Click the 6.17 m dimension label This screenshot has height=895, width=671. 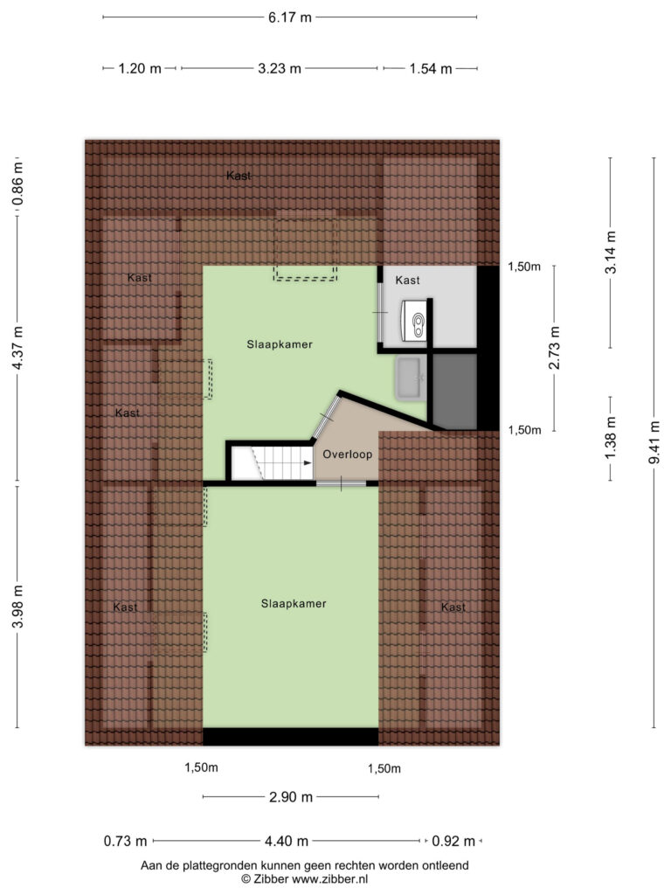click(290, 17)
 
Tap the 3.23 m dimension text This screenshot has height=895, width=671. click(279, 68)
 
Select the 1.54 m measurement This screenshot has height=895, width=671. click(430, 69)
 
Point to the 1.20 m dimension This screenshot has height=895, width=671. click(140, 68)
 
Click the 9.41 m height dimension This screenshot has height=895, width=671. click(654, 442)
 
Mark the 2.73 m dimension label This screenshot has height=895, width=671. click(554, 348)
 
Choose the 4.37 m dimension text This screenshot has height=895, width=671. click(17, 347)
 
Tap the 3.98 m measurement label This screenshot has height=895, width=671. click(17, 607)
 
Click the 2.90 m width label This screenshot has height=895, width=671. click(291, 797)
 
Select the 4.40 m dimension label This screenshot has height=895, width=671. click(287, 841)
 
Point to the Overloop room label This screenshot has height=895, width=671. click(348, 454)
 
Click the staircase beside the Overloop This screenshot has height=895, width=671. click(273, 463)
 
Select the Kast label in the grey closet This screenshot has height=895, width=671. click(407, 281)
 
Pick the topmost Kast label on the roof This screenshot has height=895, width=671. click(239, 176)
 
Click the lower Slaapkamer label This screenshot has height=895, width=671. click(294, 603)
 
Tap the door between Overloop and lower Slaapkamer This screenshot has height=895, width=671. click(342, 484)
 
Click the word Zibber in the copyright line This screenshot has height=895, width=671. click(271, 879)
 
